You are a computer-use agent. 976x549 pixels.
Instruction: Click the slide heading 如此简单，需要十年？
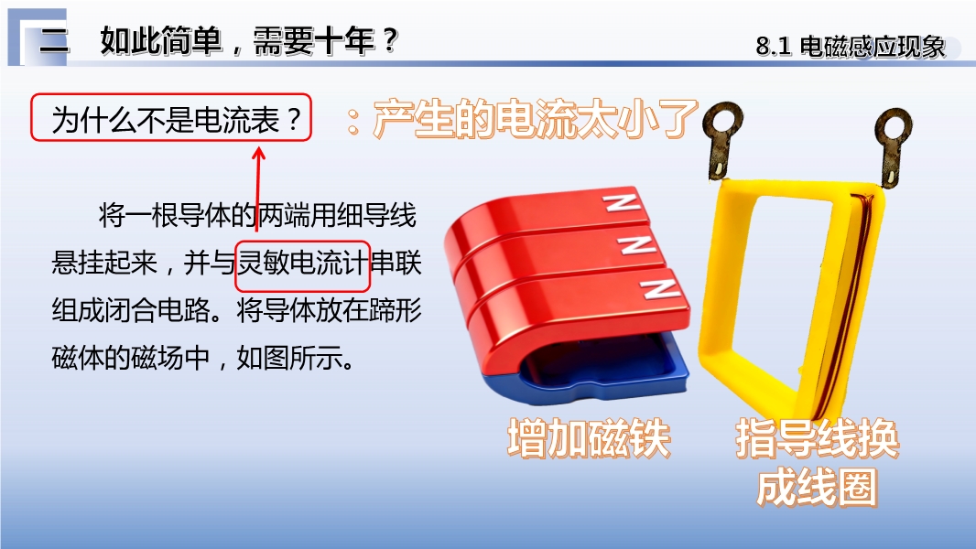249,42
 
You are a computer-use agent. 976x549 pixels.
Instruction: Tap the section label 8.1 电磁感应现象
851,47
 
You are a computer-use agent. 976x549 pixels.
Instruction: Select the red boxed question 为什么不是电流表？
171,117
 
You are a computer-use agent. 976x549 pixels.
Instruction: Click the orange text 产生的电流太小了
536,118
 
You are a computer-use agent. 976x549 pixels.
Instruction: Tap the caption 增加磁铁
589,439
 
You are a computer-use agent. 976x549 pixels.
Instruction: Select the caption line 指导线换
818,439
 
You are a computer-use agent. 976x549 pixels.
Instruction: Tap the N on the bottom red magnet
659,288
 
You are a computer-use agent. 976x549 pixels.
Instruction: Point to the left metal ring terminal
721,140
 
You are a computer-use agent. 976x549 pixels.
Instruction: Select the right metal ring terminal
892,146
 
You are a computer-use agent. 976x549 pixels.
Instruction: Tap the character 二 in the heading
54,42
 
